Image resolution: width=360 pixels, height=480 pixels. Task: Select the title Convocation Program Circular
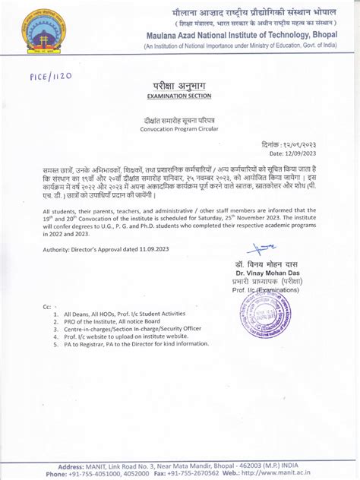(178, 130)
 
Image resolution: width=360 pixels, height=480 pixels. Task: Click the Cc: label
(47, 306)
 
